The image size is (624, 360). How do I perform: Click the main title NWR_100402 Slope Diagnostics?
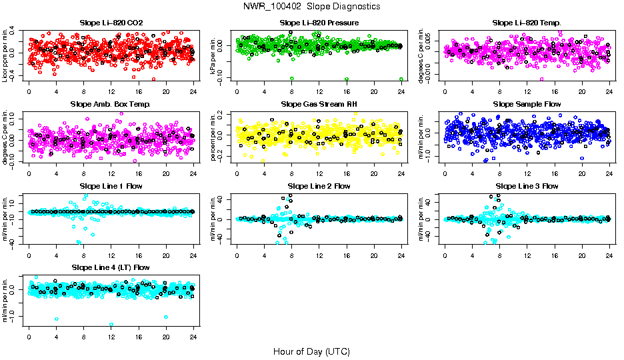point(312,6)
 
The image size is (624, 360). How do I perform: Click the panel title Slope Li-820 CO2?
point(111,23)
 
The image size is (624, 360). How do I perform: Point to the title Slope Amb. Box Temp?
point(111,105)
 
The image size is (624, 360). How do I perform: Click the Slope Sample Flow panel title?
point(527,105)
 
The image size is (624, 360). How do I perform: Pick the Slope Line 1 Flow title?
point(111,186)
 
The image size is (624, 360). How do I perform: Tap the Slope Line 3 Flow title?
point(527,186)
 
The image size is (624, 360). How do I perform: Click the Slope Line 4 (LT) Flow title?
point(111,268)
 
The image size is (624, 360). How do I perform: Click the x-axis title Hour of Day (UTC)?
point(312,351)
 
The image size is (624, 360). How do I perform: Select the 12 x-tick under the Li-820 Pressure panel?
point(319,91)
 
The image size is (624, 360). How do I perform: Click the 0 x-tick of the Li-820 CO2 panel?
point(29,91)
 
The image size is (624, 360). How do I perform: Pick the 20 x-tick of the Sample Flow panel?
point(582,173)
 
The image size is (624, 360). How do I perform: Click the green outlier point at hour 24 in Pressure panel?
point(401,79)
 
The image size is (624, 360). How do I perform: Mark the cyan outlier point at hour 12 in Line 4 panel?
point(111,324)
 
